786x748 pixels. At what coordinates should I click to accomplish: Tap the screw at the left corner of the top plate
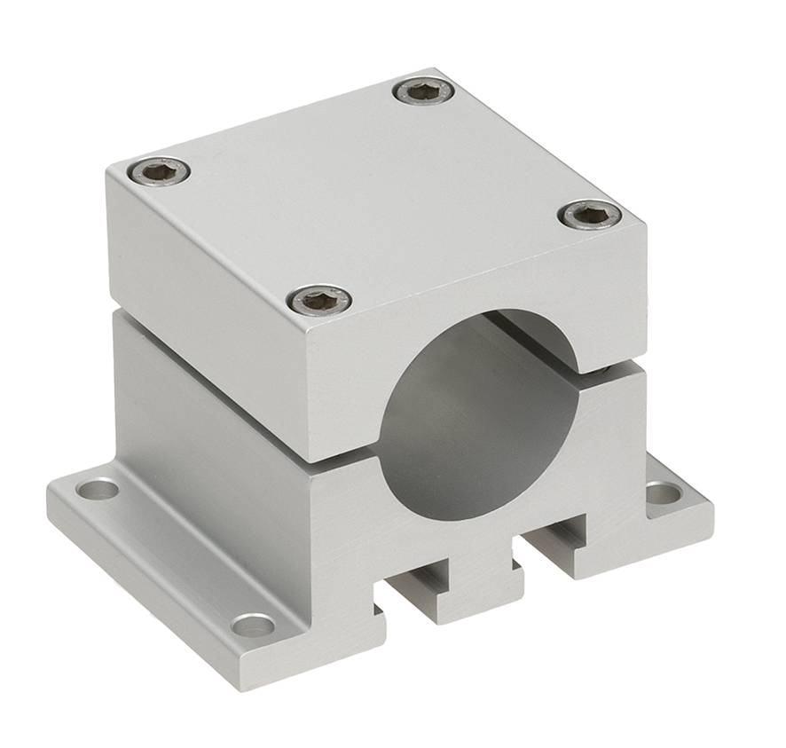(159, 170)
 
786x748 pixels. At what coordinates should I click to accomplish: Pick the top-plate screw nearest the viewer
(320, 301)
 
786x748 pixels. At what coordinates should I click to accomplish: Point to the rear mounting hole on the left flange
(98, 488)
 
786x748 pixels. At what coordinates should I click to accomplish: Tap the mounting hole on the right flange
(663, 492)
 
